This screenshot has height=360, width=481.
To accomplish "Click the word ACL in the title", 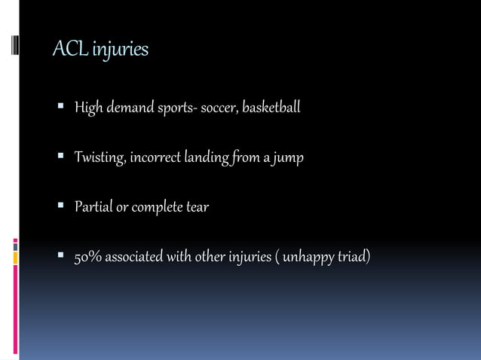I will click(x=66, y=50).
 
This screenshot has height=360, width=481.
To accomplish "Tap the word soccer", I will click(x=219, y=108).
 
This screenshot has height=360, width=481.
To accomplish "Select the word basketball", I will click(x=272, y=108).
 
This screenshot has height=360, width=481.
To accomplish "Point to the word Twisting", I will click(x=100, y=157).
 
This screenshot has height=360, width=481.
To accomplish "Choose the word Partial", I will click(x=93, y=207).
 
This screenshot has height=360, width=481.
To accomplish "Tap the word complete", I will click(x=158, y=207).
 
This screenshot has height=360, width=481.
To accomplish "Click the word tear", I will click(x=198, y=207).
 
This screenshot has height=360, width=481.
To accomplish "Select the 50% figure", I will click(x=87, y=258).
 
